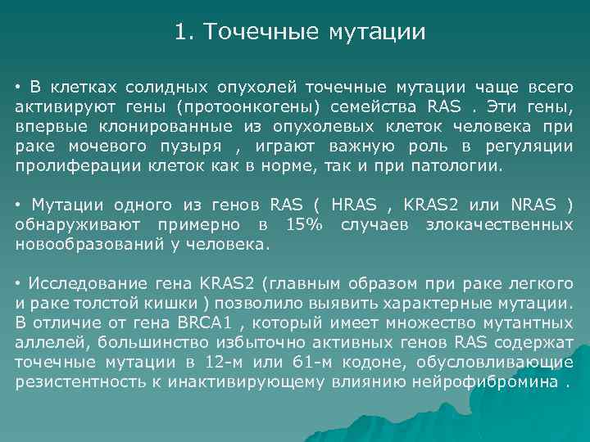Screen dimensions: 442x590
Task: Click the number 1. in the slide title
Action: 184,33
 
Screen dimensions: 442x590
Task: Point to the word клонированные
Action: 144,127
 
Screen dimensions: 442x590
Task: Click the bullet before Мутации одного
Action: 18,205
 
